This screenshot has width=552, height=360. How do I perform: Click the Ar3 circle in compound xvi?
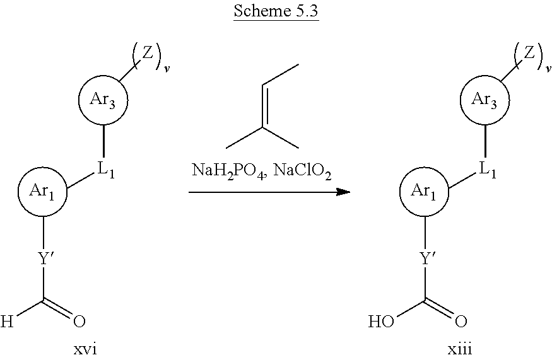103,100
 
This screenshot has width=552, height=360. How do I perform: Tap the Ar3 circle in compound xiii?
484,100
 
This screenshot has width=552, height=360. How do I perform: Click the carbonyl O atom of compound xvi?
79,323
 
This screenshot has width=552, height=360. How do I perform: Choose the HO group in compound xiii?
381,323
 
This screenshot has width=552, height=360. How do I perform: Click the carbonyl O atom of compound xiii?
461,323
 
